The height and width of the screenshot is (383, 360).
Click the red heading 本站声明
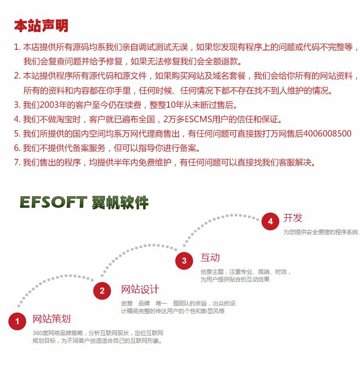coord(41,25)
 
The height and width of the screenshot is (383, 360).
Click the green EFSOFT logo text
coord(53,202)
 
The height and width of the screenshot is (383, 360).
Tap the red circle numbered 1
coord(17,321)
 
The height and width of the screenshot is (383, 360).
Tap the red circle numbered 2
coord(102,291)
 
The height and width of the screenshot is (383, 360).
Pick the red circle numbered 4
coord(270,221)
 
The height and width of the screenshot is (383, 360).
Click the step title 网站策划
coord(52,319)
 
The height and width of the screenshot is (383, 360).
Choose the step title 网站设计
coord(140,289)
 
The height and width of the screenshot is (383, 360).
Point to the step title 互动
coord(210,258)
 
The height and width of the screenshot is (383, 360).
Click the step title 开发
coord(293,218)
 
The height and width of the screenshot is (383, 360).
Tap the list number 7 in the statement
coord(17,162)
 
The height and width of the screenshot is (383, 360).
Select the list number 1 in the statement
coord(17,47)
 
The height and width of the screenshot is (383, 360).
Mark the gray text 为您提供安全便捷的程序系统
coord(320,232)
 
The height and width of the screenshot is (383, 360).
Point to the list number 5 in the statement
coord(17,134)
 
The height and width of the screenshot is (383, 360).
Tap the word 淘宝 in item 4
coord(71,119)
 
